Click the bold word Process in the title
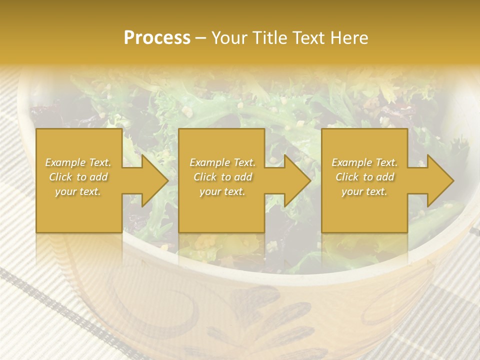(x=157, y=38)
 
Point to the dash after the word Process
(x=200, y=38)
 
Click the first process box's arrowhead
(x=150, y=180)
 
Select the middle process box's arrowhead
(x=292, y=180)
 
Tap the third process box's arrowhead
(x=435, y=180)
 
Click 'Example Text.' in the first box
(x=78, y=162)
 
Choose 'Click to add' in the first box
(x=78, y=177)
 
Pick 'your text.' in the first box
(x=78, y=191)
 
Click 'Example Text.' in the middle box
(x=222, y=162)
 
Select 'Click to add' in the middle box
(x=222, y=177)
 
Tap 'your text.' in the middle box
(x=222, y=191)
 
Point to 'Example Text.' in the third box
(x=364, y=162)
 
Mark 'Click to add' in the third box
(x=364, y=177)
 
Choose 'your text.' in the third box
(x=364, y=191)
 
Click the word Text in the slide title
(x=307, y=38)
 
